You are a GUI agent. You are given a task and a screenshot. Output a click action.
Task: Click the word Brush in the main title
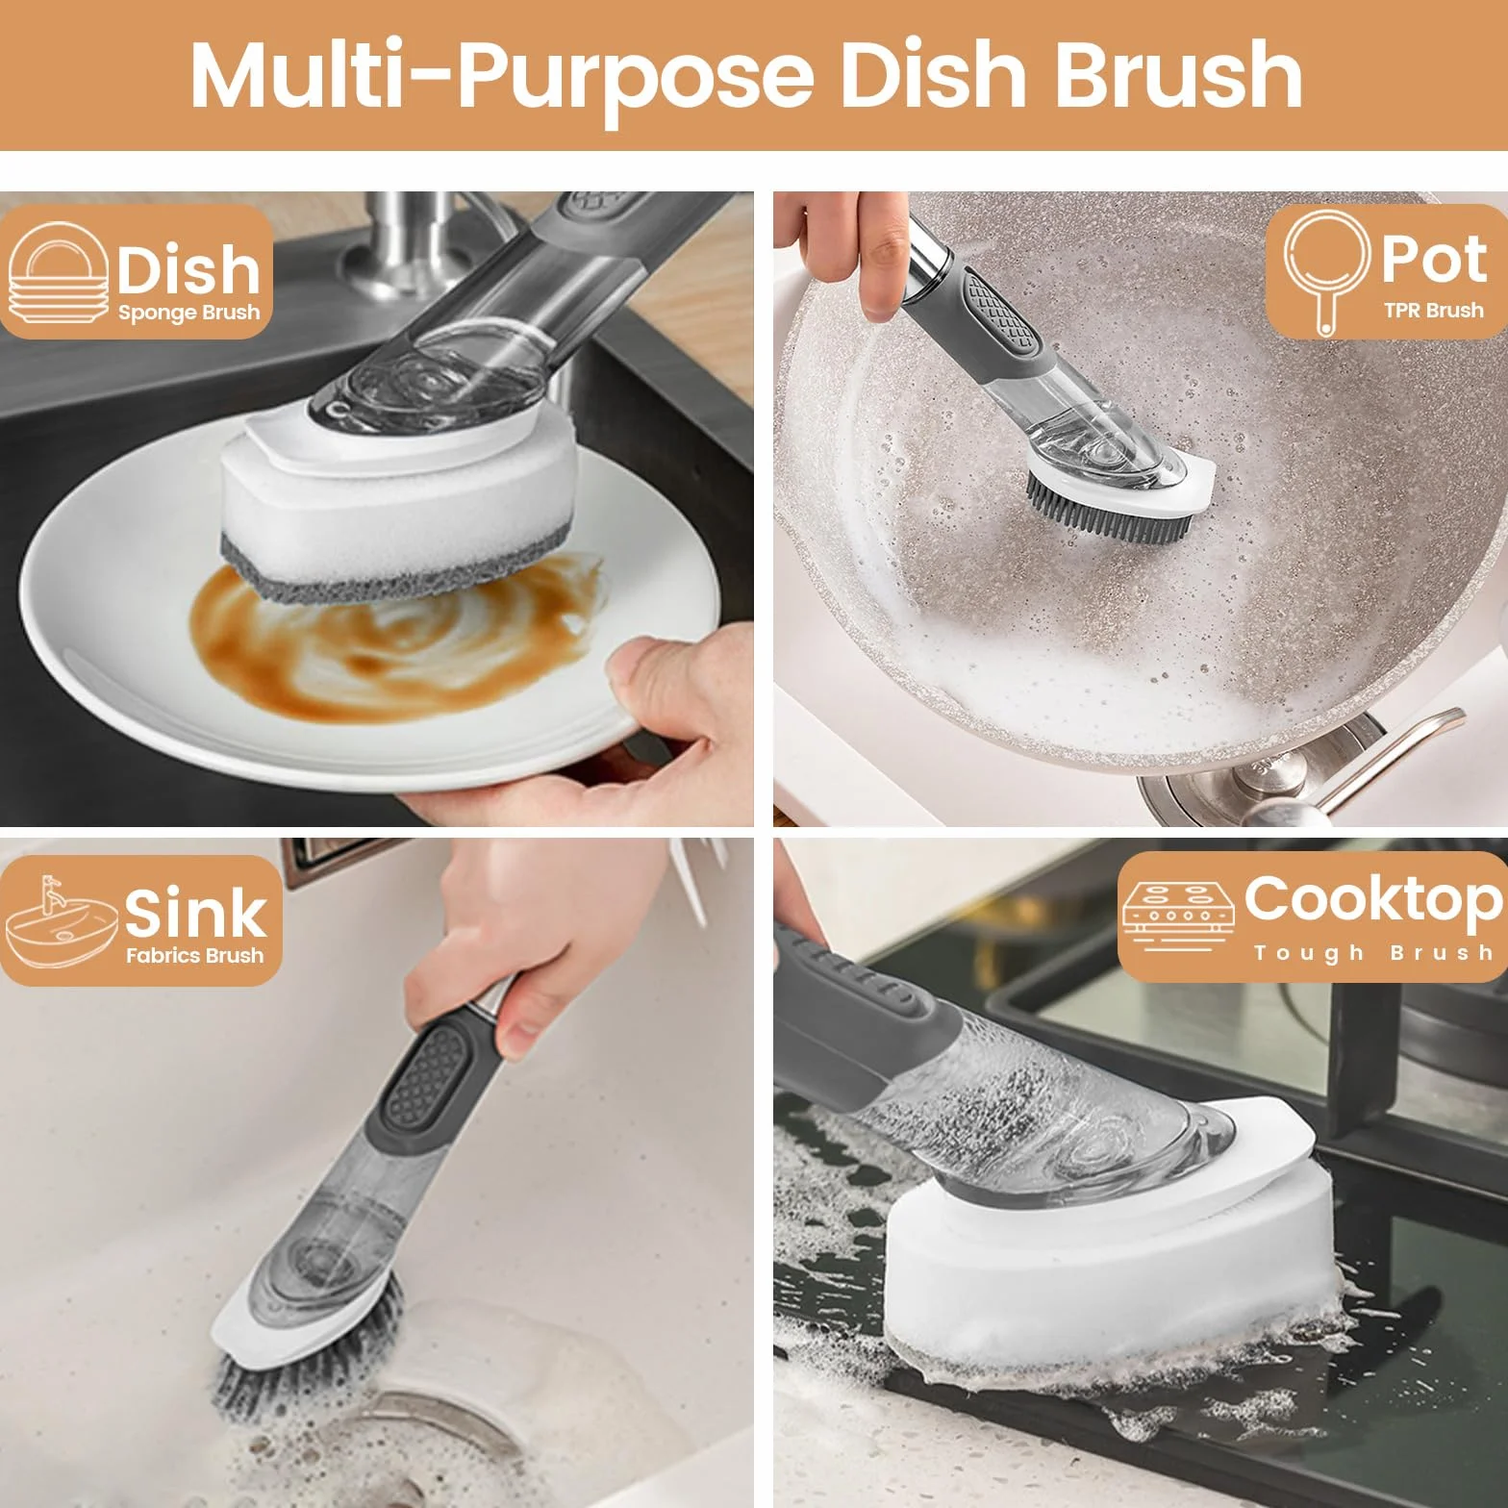pos(1178,75)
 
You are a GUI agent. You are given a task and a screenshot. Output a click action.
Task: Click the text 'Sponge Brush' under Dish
pos(188,314)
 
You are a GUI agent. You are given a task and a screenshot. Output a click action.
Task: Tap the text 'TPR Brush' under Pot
pos(1433,310)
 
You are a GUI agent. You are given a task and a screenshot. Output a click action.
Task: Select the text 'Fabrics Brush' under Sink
pos(194,956)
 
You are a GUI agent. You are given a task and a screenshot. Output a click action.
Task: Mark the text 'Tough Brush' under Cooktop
pos(1373,953)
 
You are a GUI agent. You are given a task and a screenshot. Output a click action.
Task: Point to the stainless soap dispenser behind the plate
pos(404,245)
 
